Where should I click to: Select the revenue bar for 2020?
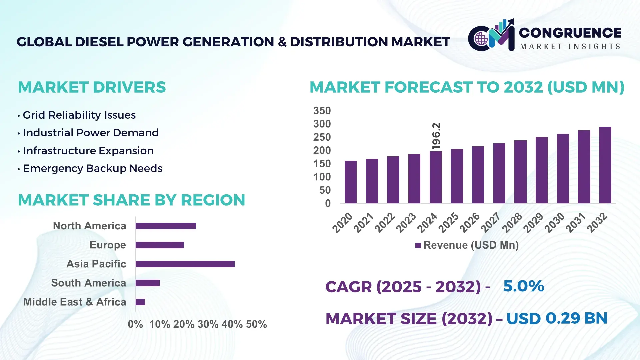(350, 182)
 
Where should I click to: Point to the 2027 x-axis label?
(491, 222)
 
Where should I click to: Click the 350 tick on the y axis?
(322, 111)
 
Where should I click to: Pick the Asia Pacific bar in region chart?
(185, 264)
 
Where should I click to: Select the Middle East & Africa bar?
(140, 302)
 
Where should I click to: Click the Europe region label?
(108, 245)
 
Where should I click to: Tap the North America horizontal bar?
(166, 226)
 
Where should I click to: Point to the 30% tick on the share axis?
(208, 324)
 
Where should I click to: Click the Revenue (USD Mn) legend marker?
(418, 245)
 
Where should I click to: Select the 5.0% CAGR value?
(523, 286)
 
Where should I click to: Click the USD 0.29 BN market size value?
(557, 318)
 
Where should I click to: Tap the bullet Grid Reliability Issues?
(79, 115)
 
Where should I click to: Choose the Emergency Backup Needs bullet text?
(92, 168)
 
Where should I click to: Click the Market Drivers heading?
(92, 87)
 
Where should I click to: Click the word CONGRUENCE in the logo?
(570, 33)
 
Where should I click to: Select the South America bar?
(148, 283)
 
